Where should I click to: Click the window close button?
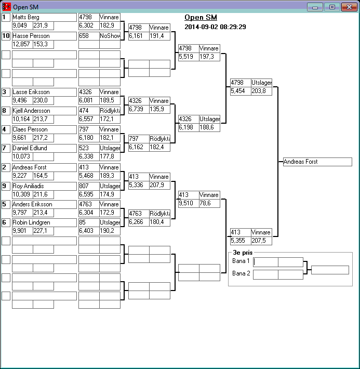point(348,7)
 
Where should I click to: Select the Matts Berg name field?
point(44,17)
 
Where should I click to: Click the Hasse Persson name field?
point(44,36)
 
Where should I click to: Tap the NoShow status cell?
point(110,36)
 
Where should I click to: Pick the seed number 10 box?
point(6,36)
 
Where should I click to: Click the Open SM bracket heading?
point(201,17)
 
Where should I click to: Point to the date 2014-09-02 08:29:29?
point(215,27)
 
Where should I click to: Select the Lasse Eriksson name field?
point(44,92)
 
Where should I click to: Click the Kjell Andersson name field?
point(44,111)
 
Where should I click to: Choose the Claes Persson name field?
point(44,129)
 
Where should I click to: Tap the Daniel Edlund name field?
point(44,148)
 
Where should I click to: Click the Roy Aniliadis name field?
point(44,186)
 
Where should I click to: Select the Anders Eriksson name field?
point(44,204)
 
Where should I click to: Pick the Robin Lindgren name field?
point(44,222)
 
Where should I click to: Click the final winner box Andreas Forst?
point(317,162)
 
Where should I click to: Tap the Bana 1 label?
point(241,261)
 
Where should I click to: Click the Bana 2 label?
point(241,273)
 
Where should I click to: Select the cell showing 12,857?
point(22,44)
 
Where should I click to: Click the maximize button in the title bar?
point(331,7)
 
